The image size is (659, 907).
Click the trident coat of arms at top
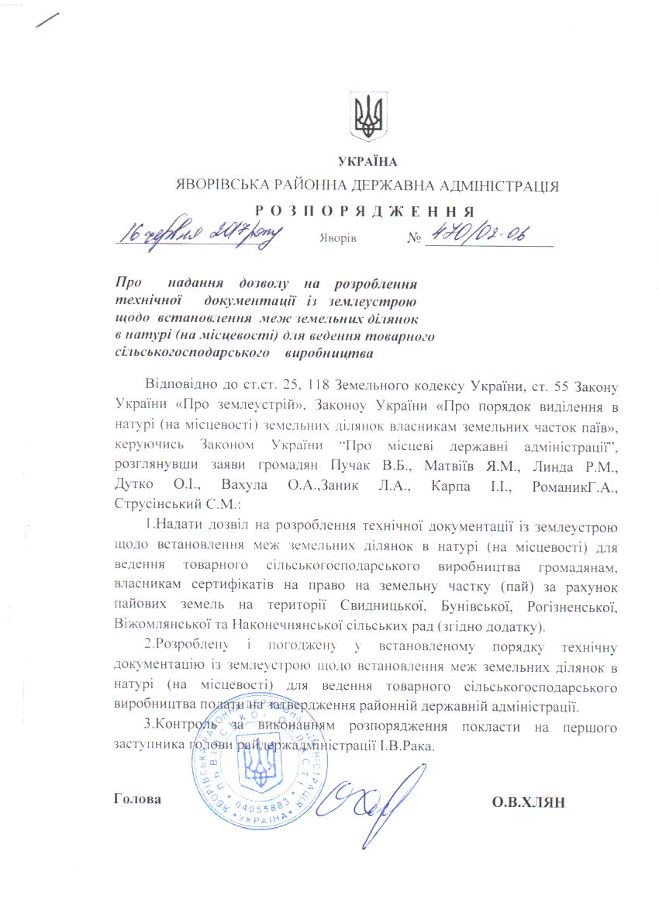pos(366,118)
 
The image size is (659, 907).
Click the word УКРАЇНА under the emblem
pos(367,161)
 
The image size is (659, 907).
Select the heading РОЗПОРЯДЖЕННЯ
pos(365,210)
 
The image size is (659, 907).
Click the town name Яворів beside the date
pos(337,237)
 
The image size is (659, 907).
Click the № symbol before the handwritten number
pos(413,237)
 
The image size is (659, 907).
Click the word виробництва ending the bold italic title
pos(329,354)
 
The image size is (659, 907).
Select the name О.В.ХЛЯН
pos(528,801)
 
